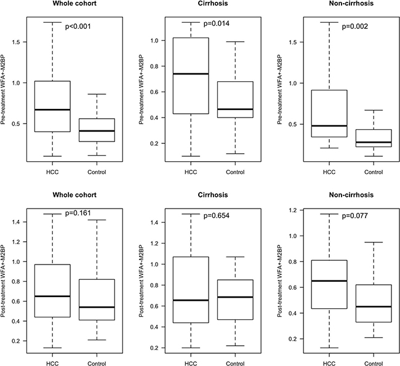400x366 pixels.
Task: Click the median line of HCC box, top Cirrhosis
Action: point(183,74)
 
